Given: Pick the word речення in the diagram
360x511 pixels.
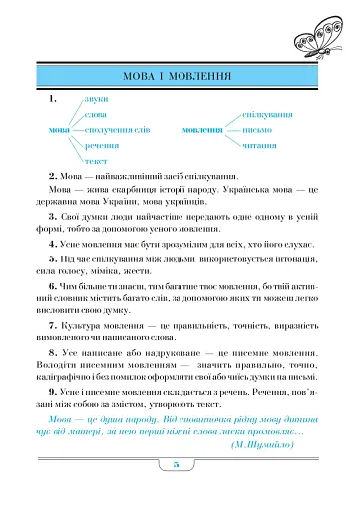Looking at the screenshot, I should click(x=102, y=146).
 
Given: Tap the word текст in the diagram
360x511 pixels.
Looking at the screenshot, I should click(x=96, y=161).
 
